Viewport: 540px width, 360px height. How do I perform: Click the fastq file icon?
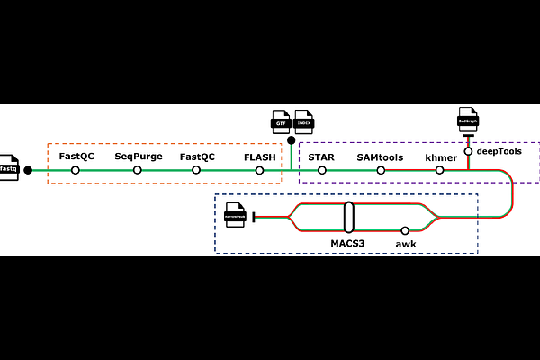(8, 167)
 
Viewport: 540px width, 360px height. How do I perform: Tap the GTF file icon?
(280, 121)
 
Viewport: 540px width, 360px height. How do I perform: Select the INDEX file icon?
(303, 121)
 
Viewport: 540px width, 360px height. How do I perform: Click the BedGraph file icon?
(467, 119)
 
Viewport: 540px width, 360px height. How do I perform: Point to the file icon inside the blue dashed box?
(235, 216)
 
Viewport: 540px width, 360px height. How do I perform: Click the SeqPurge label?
(137, 157)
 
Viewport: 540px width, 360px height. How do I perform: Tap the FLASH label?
(259, 157)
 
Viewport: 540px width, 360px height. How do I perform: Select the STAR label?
(321, 157)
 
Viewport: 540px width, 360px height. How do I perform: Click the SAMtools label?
(380, 157)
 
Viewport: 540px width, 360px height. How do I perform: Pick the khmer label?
(441, 157)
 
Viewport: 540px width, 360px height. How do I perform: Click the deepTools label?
(499, 151)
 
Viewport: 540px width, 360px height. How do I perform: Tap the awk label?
(406, 243)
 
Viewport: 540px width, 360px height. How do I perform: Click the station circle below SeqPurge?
(138, 170)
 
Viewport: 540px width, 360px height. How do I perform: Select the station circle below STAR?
(321, 170)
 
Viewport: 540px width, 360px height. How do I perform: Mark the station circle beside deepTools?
(468, 151)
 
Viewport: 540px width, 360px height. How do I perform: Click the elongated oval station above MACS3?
(348, 217)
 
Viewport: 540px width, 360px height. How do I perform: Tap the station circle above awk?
(405, 230)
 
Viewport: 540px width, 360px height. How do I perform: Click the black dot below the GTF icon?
(291, 139)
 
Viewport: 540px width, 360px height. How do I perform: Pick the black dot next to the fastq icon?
(28, 170)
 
